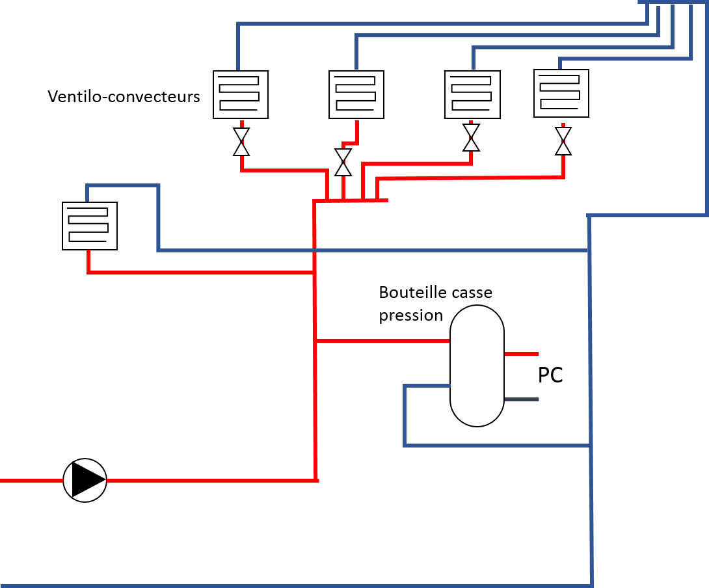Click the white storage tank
coord(477,366)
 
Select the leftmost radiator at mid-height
coord(90,226)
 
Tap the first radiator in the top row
coord(241,94)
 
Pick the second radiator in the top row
coord(356,94)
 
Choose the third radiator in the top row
coord(472,94)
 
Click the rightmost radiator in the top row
coord(561,93)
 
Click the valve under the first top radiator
coord(241,142)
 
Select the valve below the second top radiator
coord(343,163)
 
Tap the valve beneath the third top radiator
coord(472,137)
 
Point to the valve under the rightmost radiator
coord(563,141)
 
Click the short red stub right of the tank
coord(522,354)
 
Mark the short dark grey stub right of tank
coord(522,399)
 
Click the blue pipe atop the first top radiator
coord(238,46)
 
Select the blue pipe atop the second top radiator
coord(356,52)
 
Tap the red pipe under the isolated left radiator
coord(195,272)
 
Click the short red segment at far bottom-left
coord(31,481)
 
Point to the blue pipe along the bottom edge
coord(293,585)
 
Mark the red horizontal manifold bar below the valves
coord(351,200)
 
